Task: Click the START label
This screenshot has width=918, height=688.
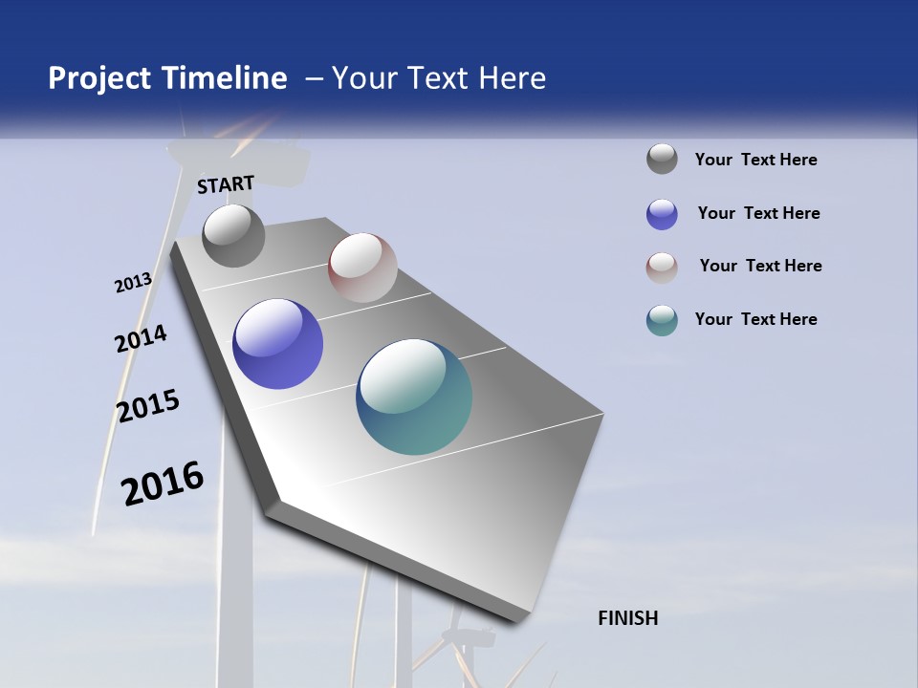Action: (x=226, y=184)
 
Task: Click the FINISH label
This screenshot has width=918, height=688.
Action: (x=627, y=618)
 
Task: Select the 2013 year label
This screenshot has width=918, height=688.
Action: (x=133, y=283)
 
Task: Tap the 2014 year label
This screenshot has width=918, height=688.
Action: (x=141, y=338)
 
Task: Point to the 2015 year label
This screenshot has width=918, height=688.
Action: (x=148, y=405)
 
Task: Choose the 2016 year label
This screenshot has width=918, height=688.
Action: (x=163, y=483)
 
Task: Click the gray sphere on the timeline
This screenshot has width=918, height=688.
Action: (x=233, y=235)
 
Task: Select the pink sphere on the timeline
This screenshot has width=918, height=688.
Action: (x=362, y=267)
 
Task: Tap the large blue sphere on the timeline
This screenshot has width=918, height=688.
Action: (x=277, y=344)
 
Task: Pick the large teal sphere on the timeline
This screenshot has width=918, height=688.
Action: (x=414, y=397)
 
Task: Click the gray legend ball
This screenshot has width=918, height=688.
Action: (x=662, y=159)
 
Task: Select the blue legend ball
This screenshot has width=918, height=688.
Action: (x=662, y=214)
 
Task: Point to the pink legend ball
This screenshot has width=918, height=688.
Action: (x=662, y=268)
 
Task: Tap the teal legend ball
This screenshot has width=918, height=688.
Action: (x=662, y=320)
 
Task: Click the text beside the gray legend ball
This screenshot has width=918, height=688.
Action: (x=755, y=160)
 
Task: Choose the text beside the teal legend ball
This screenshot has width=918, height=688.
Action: (x=755, y=319)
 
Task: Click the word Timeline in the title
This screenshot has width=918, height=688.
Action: (x=225, y=78)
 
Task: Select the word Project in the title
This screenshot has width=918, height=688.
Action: (x=100, y=78)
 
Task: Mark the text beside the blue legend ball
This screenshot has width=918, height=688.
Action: (x=758, y=213)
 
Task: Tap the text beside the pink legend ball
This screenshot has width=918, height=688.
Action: (x=760, y=266)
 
